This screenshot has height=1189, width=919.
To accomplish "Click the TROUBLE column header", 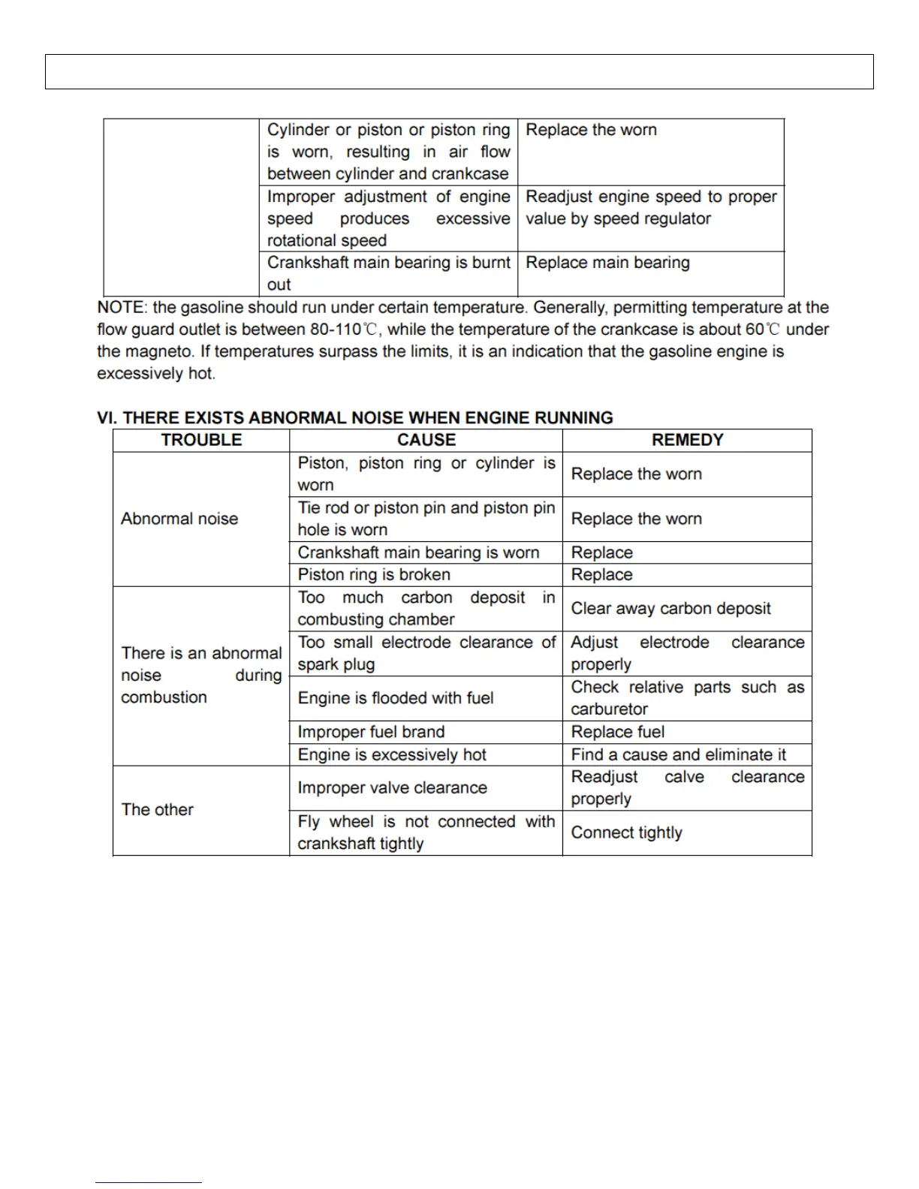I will [x=201, y=441].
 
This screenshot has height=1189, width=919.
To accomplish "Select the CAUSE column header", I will [x=426, y=441].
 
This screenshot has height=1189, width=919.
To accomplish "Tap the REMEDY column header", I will [x=687, y=441].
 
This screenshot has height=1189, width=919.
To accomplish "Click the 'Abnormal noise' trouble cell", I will [x=179, y=519].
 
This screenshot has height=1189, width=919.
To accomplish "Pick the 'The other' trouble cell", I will [x=158, y=810].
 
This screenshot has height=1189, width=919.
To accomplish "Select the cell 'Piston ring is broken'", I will [x=374, y=575].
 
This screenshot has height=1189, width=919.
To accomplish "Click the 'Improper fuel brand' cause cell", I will [x=371, y=732].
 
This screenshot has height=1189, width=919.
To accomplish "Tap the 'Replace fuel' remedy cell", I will [x=618, y=732].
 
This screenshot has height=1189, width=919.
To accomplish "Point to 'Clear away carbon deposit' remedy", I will [x=670, y=609].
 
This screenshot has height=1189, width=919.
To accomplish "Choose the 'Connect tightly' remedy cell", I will [x=626, y=832].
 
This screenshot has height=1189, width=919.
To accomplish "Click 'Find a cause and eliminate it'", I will [x=678, y=754].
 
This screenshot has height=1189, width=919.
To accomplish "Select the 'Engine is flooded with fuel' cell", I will [x=396, y=698].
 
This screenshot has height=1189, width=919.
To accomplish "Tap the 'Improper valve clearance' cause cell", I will [x=392, y=788].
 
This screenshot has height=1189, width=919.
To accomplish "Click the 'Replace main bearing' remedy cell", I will [x=607, y=263].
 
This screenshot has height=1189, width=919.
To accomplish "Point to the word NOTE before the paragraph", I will [x=120, y=308].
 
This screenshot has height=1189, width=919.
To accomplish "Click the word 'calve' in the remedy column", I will [x=684, y=777].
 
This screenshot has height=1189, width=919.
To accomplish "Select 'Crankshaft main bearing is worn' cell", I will [x=418, y=552].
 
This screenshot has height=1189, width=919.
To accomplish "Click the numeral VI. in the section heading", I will [x=107, y=418].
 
